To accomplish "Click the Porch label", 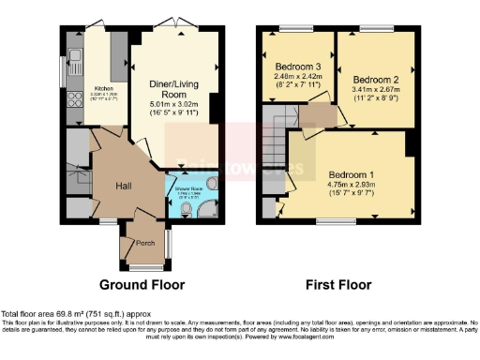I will click(x=145, y=243).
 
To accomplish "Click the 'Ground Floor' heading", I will click(x=142, y=284).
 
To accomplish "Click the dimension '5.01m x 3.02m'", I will click(x=173, y=105).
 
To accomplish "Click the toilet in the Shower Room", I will click(x=211, y=184).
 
